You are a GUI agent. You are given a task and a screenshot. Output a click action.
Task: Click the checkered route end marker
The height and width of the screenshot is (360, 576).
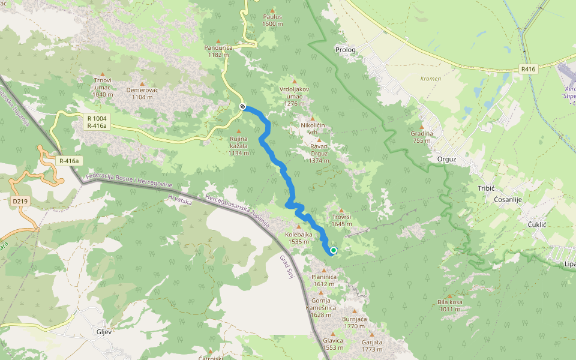pos(242,106)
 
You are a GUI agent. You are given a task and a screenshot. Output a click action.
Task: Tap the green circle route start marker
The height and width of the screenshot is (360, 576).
pos(333,250)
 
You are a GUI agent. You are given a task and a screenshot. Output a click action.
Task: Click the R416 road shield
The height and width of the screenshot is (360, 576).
pos(527,69)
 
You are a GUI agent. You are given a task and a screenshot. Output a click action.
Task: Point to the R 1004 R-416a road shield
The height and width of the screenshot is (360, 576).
pos(97,122)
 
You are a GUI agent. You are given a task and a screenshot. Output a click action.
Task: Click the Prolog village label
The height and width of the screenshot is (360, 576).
pos(346,50)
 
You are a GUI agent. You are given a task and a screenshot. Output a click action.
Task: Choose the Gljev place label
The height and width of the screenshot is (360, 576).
pos(105,331)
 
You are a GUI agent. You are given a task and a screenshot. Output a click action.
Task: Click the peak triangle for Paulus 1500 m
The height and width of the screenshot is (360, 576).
pos(272,11)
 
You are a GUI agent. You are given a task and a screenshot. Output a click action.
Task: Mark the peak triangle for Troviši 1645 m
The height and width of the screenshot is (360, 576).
pos(341,210)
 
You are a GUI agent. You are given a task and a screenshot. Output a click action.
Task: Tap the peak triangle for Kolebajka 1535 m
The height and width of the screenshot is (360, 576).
pos(298,227)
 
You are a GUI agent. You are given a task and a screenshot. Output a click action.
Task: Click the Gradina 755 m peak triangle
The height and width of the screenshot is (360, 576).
pos(422,126)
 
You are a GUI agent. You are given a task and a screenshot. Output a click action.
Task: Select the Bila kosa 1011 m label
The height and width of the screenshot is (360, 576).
pos(450,305)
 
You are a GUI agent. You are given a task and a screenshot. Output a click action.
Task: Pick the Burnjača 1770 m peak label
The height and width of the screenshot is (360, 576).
pos(354,323)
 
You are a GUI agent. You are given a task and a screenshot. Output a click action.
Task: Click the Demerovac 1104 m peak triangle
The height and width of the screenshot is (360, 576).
pos(142,83)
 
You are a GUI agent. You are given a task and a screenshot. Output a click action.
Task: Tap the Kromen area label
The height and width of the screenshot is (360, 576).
pos(431,79)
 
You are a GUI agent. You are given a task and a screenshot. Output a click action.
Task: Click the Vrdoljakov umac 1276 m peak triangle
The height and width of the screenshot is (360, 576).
pos(294,81)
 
